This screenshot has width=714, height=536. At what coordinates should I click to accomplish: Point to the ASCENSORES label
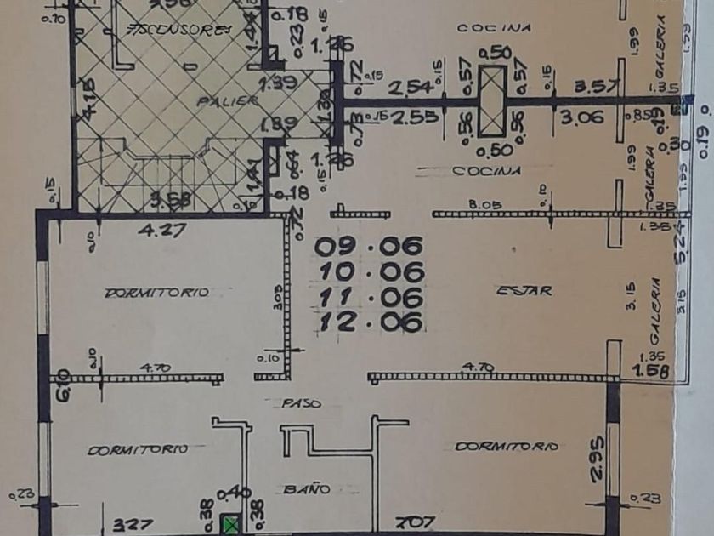click(178, 31)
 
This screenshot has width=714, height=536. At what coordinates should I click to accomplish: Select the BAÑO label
click(307, 489)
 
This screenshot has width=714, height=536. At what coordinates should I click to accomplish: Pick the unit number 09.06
click(369, 247)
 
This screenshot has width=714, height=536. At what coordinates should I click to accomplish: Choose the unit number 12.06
click(369, 322)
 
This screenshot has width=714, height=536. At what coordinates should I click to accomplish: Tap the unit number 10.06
click(369, 272)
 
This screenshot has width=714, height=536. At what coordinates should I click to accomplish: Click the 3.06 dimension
click(582, 117)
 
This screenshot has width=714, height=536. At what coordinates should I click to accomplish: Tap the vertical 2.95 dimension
click(597, 458)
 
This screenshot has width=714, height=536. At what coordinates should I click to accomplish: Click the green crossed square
click(230, 525)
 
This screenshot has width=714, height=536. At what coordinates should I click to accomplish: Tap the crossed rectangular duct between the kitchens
click(491, 102)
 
